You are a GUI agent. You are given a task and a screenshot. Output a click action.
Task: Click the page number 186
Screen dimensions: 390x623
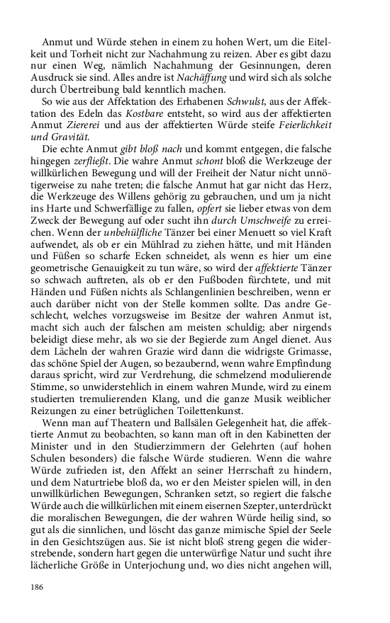point(38,587)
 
